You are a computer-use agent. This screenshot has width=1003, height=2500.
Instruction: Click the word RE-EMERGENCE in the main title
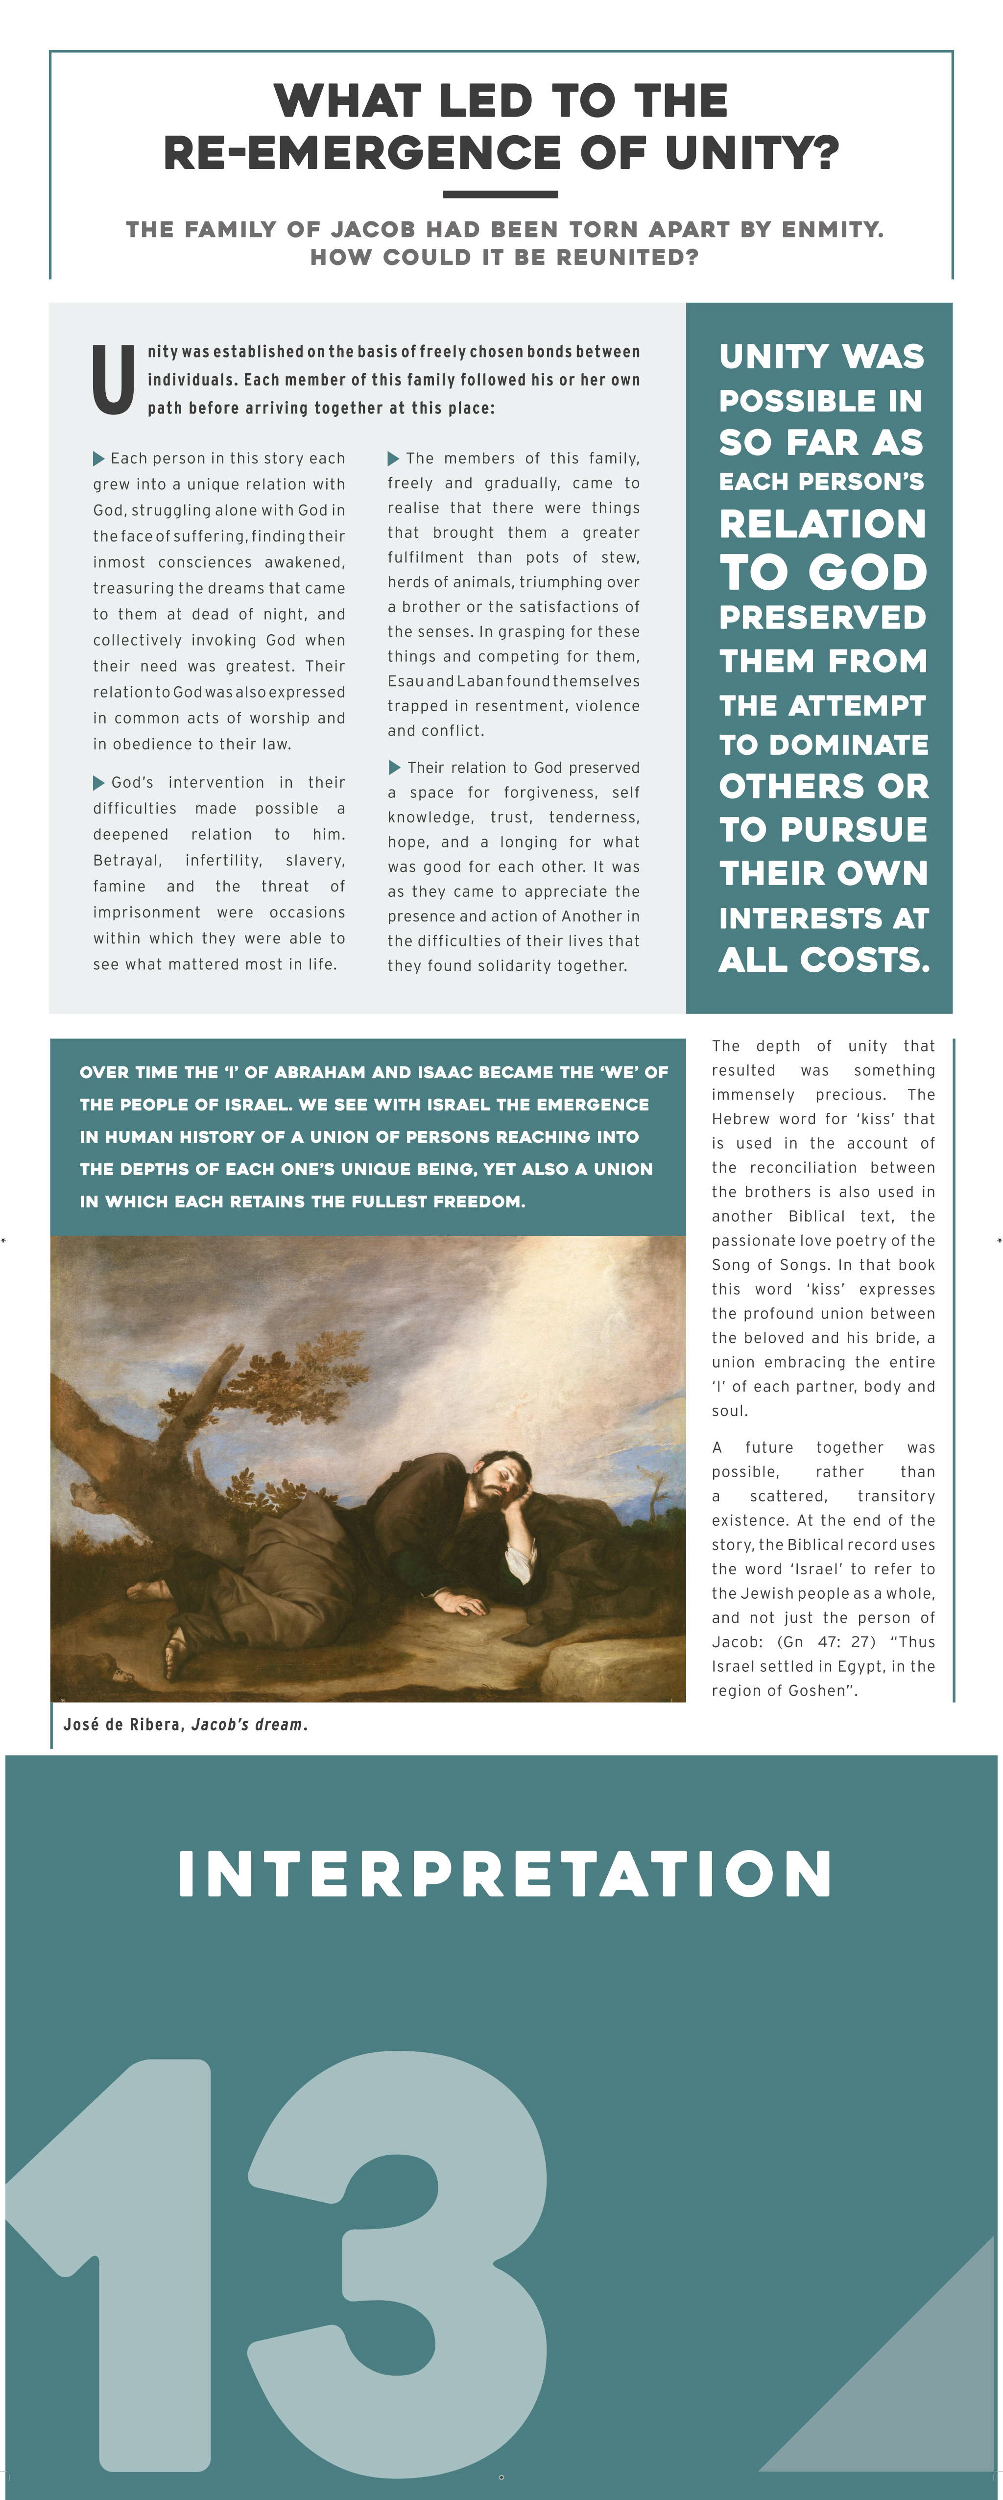[x=361, y=152]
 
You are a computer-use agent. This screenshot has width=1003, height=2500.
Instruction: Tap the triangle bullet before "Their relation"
[x=394, y=768]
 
